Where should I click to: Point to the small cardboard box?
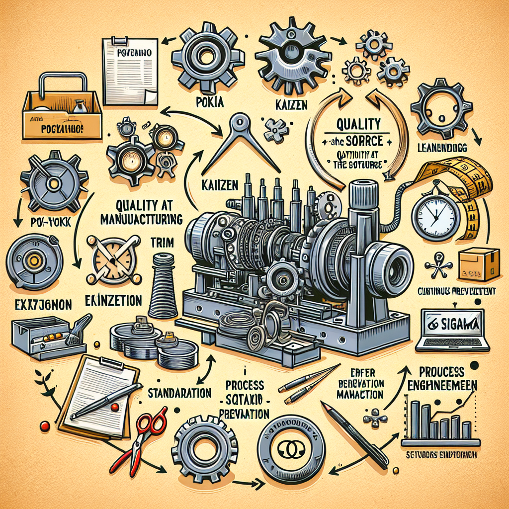pyautogui.click(x=478, y=263)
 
